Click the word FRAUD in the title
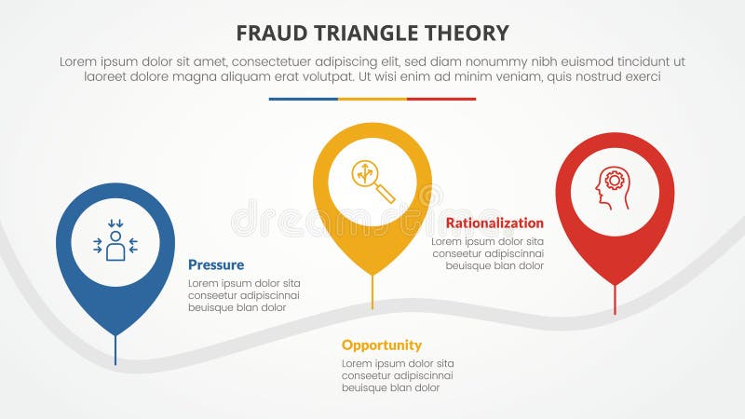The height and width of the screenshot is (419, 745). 270,34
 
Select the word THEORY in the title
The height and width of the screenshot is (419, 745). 467,34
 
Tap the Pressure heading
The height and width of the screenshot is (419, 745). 216,264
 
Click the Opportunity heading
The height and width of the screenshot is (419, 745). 381,345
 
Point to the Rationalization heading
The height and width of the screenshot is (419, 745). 494,223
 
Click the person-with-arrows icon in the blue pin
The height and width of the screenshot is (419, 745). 115,242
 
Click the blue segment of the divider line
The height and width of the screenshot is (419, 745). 303,99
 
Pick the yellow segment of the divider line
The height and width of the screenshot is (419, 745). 372,99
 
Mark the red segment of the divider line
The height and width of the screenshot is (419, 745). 441,99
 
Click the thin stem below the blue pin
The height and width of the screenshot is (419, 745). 115,349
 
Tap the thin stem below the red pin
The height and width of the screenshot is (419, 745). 615,300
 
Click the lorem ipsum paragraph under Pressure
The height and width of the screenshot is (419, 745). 244,295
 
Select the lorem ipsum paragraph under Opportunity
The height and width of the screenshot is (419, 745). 398,375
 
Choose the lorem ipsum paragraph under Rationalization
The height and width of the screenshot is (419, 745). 487,253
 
